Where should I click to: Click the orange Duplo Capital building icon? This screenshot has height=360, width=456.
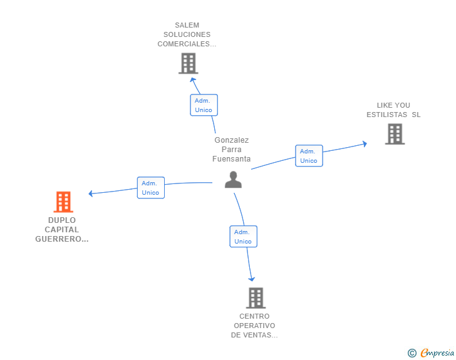point(63,202)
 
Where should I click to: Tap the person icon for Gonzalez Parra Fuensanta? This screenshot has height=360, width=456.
point(233,180)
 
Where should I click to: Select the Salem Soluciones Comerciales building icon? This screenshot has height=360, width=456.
point(188,63)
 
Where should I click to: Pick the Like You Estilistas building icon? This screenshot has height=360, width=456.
point(395,134)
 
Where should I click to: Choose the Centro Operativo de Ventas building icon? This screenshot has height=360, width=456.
point(256,298)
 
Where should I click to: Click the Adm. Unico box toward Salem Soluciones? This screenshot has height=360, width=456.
point(204,105)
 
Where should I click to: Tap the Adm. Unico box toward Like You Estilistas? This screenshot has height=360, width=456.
point(309,155)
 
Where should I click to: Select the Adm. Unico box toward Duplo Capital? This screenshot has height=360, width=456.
point(151,188)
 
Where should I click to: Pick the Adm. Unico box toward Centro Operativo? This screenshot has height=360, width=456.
point(244,237)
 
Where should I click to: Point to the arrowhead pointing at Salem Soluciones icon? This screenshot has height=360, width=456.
point(192,80)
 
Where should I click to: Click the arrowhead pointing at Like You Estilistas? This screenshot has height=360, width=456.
point(365,143)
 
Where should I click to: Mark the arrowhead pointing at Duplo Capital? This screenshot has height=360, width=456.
point(91,193)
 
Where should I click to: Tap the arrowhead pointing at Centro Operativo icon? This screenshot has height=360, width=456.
point(252,279)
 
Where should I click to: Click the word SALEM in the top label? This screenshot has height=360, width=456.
point(187,25)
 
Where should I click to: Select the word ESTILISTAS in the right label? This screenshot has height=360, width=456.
point(387,115)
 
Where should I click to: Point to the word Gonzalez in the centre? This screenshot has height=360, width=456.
point(232,140)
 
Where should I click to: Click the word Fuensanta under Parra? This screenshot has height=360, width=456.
point(232,159)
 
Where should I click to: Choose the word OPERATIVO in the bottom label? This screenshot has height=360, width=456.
point(254,326)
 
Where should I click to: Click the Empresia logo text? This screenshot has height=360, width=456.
point(437,352)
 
